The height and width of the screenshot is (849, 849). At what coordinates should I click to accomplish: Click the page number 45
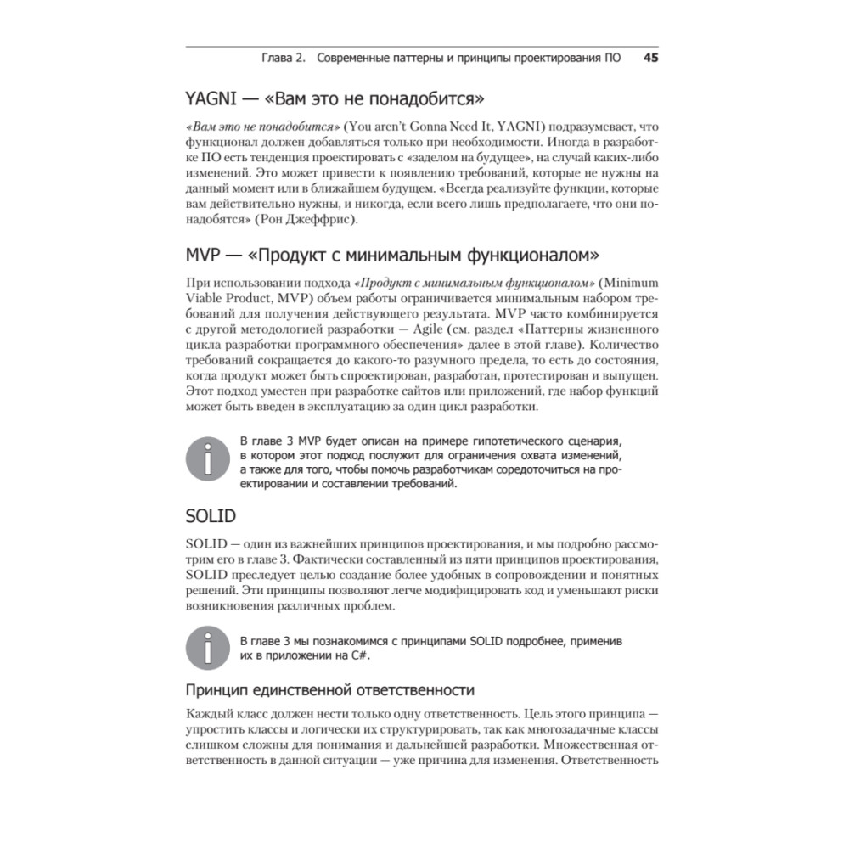[651, 59]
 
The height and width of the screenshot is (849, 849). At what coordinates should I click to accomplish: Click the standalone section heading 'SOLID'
[211, 515]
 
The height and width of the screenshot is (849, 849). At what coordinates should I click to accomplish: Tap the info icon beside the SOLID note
[208, 648]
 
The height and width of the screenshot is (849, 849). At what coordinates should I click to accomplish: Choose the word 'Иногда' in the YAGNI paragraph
[569, 140]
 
